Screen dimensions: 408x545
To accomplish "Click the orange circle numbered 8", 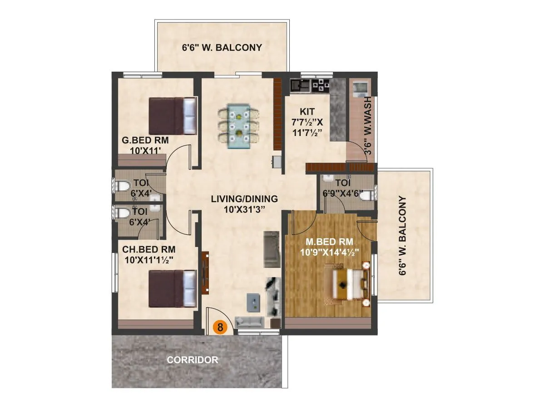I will pyautogui.click(x=220, y=327).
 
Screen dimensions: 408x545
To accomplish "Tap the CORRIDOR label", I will pyautogui.click(x=193, y=360).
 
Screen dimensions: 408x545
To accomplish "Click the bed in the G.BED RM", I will pyautogui.click(x=173, y=116).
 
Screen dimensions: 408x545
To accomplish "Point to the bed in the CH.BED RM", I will pyautogui.click(x=173, y=289).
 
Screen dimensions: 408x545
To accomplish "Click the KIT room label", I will pyautogui.click(x=307, y=112).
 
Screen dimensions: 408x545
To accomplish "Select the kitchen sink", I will pyautogui.click(x=300, y=84).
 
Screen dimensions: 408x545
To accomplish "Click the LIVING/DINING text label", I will pyautogui.click(x=244, y=199).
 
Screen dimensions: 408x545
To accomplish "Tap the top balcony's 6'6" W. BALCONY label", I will pyautogui.click(x=222, y=47).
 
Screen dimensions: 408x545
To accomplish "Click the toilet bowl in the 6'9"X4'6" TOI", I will pyautogui.click(x=372, y=194).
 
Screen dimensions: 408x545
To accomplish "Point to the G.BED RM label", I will pyautogui.click(x=145, y=141).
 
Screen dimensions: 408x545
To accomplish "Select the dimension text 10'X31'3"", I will pyautogui.click(x=244, y=209).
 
